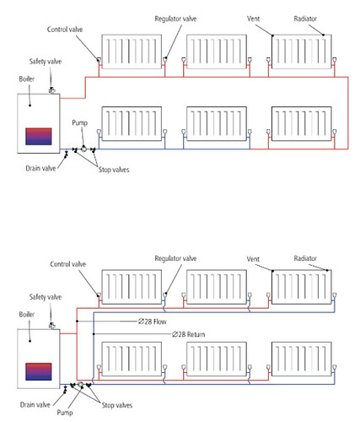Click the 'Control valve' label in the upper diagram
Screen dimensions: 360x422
pos(65,30)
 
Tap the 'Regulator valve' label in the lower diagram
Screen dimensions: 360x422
pos(175,258)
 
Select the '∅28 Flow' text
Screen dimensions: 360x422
pos(153,322)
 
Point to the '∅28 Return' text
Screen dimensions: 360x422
pos(188,334)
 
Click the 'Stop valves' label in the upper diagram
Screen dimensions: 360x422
pos(114,170)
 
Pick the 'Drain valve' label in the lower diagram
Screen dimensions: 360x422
pos(35,405)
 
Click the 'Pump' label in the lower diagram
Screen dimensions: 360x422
pos(65,413)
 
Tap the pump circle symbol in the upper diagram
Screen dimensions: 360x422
pos(83,149)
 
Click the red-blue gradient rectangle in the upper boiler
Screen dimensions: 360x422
pos(39,137)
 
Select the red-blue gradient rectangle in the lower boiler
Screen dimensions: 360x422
pos(39,371)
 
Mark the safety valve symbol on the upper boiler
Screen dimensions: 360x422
pos(52,91)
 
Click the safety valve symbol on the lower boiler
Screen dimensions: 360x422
pos(52,326)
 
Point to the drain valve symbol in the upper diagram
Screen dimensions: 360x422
pos(67,154)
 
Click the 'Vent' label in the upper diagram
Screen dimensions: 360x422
pos(253,19)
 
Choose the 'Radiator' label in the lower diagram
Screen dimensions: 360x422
pos(305,258)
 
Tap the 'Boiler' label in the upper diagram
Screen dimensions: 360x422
pos(27,79)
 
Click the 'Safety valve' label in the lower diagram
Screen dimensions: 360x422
pos(46,297)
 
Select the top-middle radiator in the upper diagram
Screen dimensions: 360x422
pos(217,51)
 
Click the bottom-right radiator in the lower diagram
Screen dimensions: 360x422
pos(302,359)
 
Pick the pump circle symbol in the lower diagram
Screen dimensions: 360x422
pos(80,384)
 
